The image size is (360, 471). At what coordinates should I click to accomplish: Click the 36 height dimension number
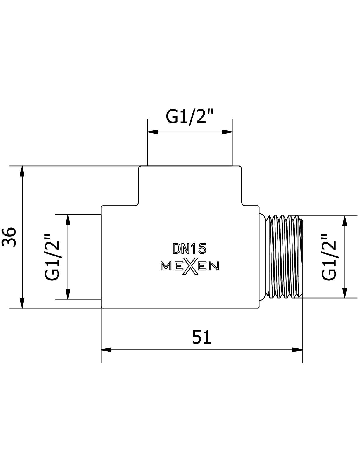9,237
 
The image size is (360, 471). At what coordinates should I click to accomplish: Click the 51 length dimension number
201,337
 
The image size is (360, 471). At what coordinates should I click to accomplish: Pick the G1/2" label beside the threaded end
329,257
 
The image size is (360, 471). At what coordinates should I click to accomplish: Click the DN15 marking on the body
190,249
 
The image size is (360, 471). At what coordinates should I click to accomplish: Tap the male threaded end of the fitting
281,257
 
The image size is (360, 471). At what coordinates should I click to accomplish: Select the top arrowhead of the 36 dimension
22,171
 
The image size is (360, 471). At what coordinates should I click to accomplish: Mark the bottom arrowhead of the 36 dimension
22,303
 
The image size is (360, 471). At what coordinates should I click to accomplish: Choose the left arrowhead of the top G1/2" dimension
153,132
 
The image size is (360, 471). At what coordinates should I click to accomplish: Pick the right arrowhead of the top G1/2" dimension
227,132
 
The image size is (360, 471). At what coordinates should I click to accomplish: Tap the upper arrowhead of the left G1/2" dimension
68,220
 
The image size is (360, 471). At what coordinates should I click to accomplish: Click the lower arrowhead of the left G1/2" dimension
68,294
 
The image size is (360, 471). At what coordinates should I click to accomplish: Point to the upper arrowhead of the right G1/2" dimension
345,221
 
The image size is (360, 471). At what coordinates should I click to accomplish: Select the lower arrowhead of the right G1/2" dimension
345,293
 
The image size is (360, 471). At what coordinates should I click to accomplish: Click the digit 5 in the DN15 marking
202,249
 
